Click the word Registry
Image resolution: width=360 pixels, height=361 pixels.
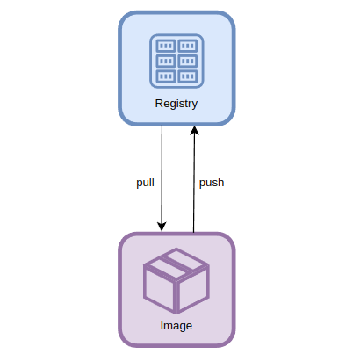pyautogui.click(x=176, y=104)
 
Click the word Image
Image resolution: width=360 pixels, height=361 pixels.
pyautogui.click(x=176, y=325)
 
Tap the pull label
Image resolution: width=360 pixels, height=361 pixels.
pyautogui.click(x=145, y=183)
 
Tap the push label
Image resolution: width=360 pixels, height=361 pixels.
pyautogui.click(x=211, y=183)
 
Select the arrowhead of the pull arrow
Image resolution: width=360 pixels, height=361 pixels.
pyautogui.click(x=162, y=227)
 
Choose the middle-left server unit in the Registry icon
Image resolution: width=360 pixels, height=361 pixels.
pyautogui.click(x=166, y=61)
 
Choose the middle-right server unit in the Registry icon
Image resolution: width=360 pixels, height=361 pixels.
pyautogui.click(x=187, y=61)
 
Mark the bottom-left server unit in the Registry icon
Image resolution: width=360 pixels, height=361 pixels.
pyautogui.click(x=166, y=76)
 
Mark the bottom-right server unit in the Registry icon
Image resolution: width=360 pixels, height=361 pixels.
pyautogui.click(x=187, y=76)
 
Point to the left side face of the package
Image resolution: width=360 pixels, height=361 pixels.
pyautogui.click(x=159, y=288)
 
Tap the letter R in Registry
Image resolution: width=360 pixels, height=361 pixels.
pyautogui.click(x=158, y=104)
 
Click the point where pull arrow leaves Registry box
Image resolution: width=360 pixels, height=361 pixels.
pyautogui.click(x=162, y=126)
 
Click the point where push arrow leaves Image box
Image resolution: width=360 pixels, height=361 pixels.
pyautogui.click(x=194, y=233)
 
